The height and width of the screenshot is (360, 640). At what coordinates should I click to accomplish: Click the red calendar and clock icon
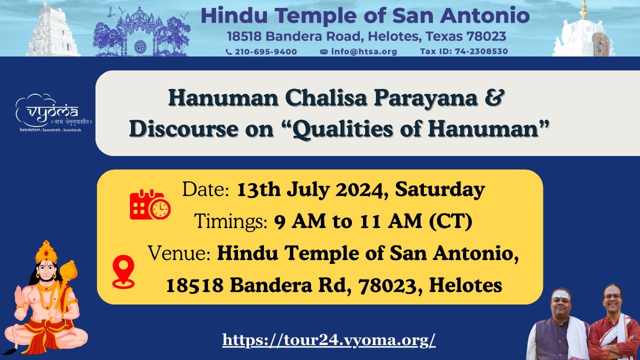[x=150, y=204]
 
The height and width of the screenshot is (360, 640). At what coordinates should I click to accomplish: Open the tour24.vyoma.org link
[x=329, y=340]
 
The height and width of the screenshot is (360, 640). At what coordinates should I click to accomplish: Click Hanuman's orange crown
[x=46, y=251]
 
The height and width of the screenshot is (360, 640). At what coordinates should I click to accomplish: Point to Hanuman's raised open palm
[x=19, y=296]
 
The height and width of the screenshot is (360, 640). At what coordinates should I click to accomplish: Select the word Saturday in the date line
[x=440, y=189]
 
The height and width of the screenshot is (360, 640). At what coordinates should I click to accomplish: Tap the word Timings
[x=230, y=221]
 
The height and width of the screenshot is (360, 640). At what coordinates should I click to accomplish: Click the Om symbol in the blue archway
[x=140, y=46]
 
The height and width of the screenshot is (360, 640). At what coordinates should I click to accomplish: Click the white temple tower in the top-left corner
[x=53, y=30]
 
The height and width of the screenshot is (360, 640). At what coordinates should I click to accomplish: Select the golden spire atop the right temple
[x=583, y=10]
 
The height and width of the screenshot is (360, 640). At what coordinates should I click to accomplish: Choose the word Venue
[x=179, y=253]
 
